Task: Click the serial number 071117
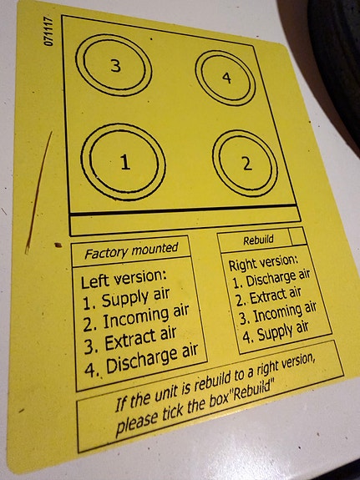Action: point(48,31)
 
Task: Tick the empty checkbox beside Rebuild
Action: point(297,236)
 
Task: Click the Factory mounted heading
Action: point(131,250)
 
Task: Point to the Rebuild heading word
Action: point(258,240)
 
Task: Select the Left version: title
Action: point(124,278)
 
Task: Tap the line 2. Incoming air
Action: point(136,317)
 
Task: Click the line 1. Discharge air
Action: point(271,279)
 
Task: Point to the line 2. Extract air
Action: point(268,296)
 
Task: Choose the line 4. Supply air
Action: point(275,332)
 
